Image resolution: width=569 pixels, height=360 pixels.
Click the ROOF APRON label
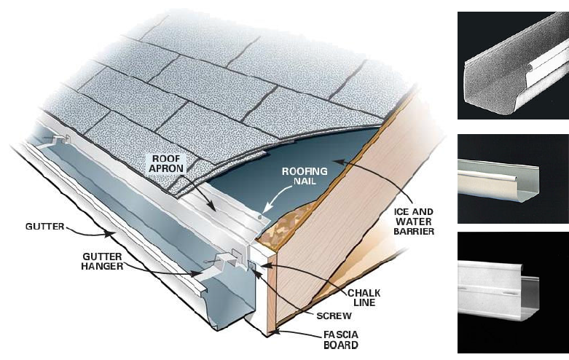(166, 164)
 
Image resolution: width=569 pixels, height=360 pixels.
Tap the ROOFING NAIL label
(306, 176)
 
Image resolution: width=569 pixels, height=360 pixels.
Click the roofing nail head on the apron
(260, 216)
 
